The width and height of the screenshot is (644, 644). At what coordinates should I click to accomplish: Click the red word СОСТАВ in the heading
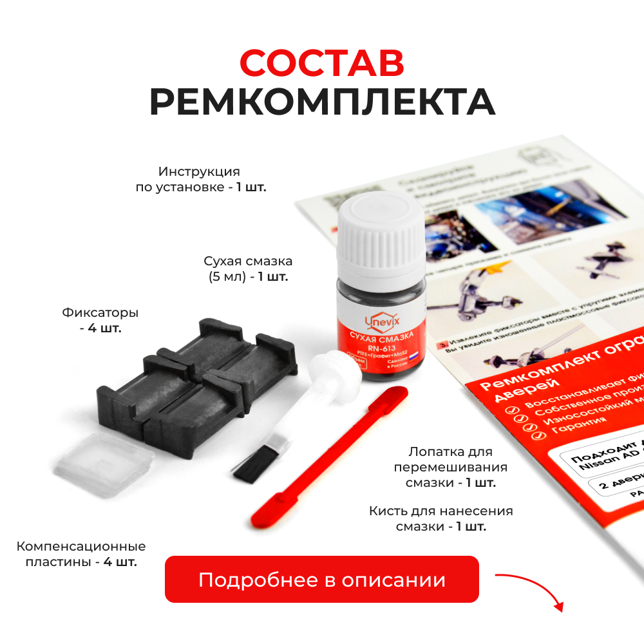[321, 62]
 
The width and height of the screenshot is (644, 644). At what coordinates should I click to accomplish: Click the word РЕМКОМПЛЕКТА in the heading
[321, 102]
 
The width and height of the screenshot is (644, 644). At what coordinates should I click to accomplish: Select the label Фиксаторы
[100, 314]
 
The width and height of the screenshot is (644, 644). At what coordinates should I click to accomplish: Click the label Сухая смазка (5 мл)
[248, 269]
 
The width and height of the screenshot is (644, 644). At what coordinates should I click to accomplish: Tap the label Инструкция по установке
[199, 180]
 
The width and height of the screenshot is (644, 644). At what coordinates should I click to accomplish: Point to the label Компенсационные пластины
[81, 554]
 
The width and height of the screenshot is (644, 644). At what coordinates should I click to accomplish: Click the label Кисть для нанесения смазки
[441, 519]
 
